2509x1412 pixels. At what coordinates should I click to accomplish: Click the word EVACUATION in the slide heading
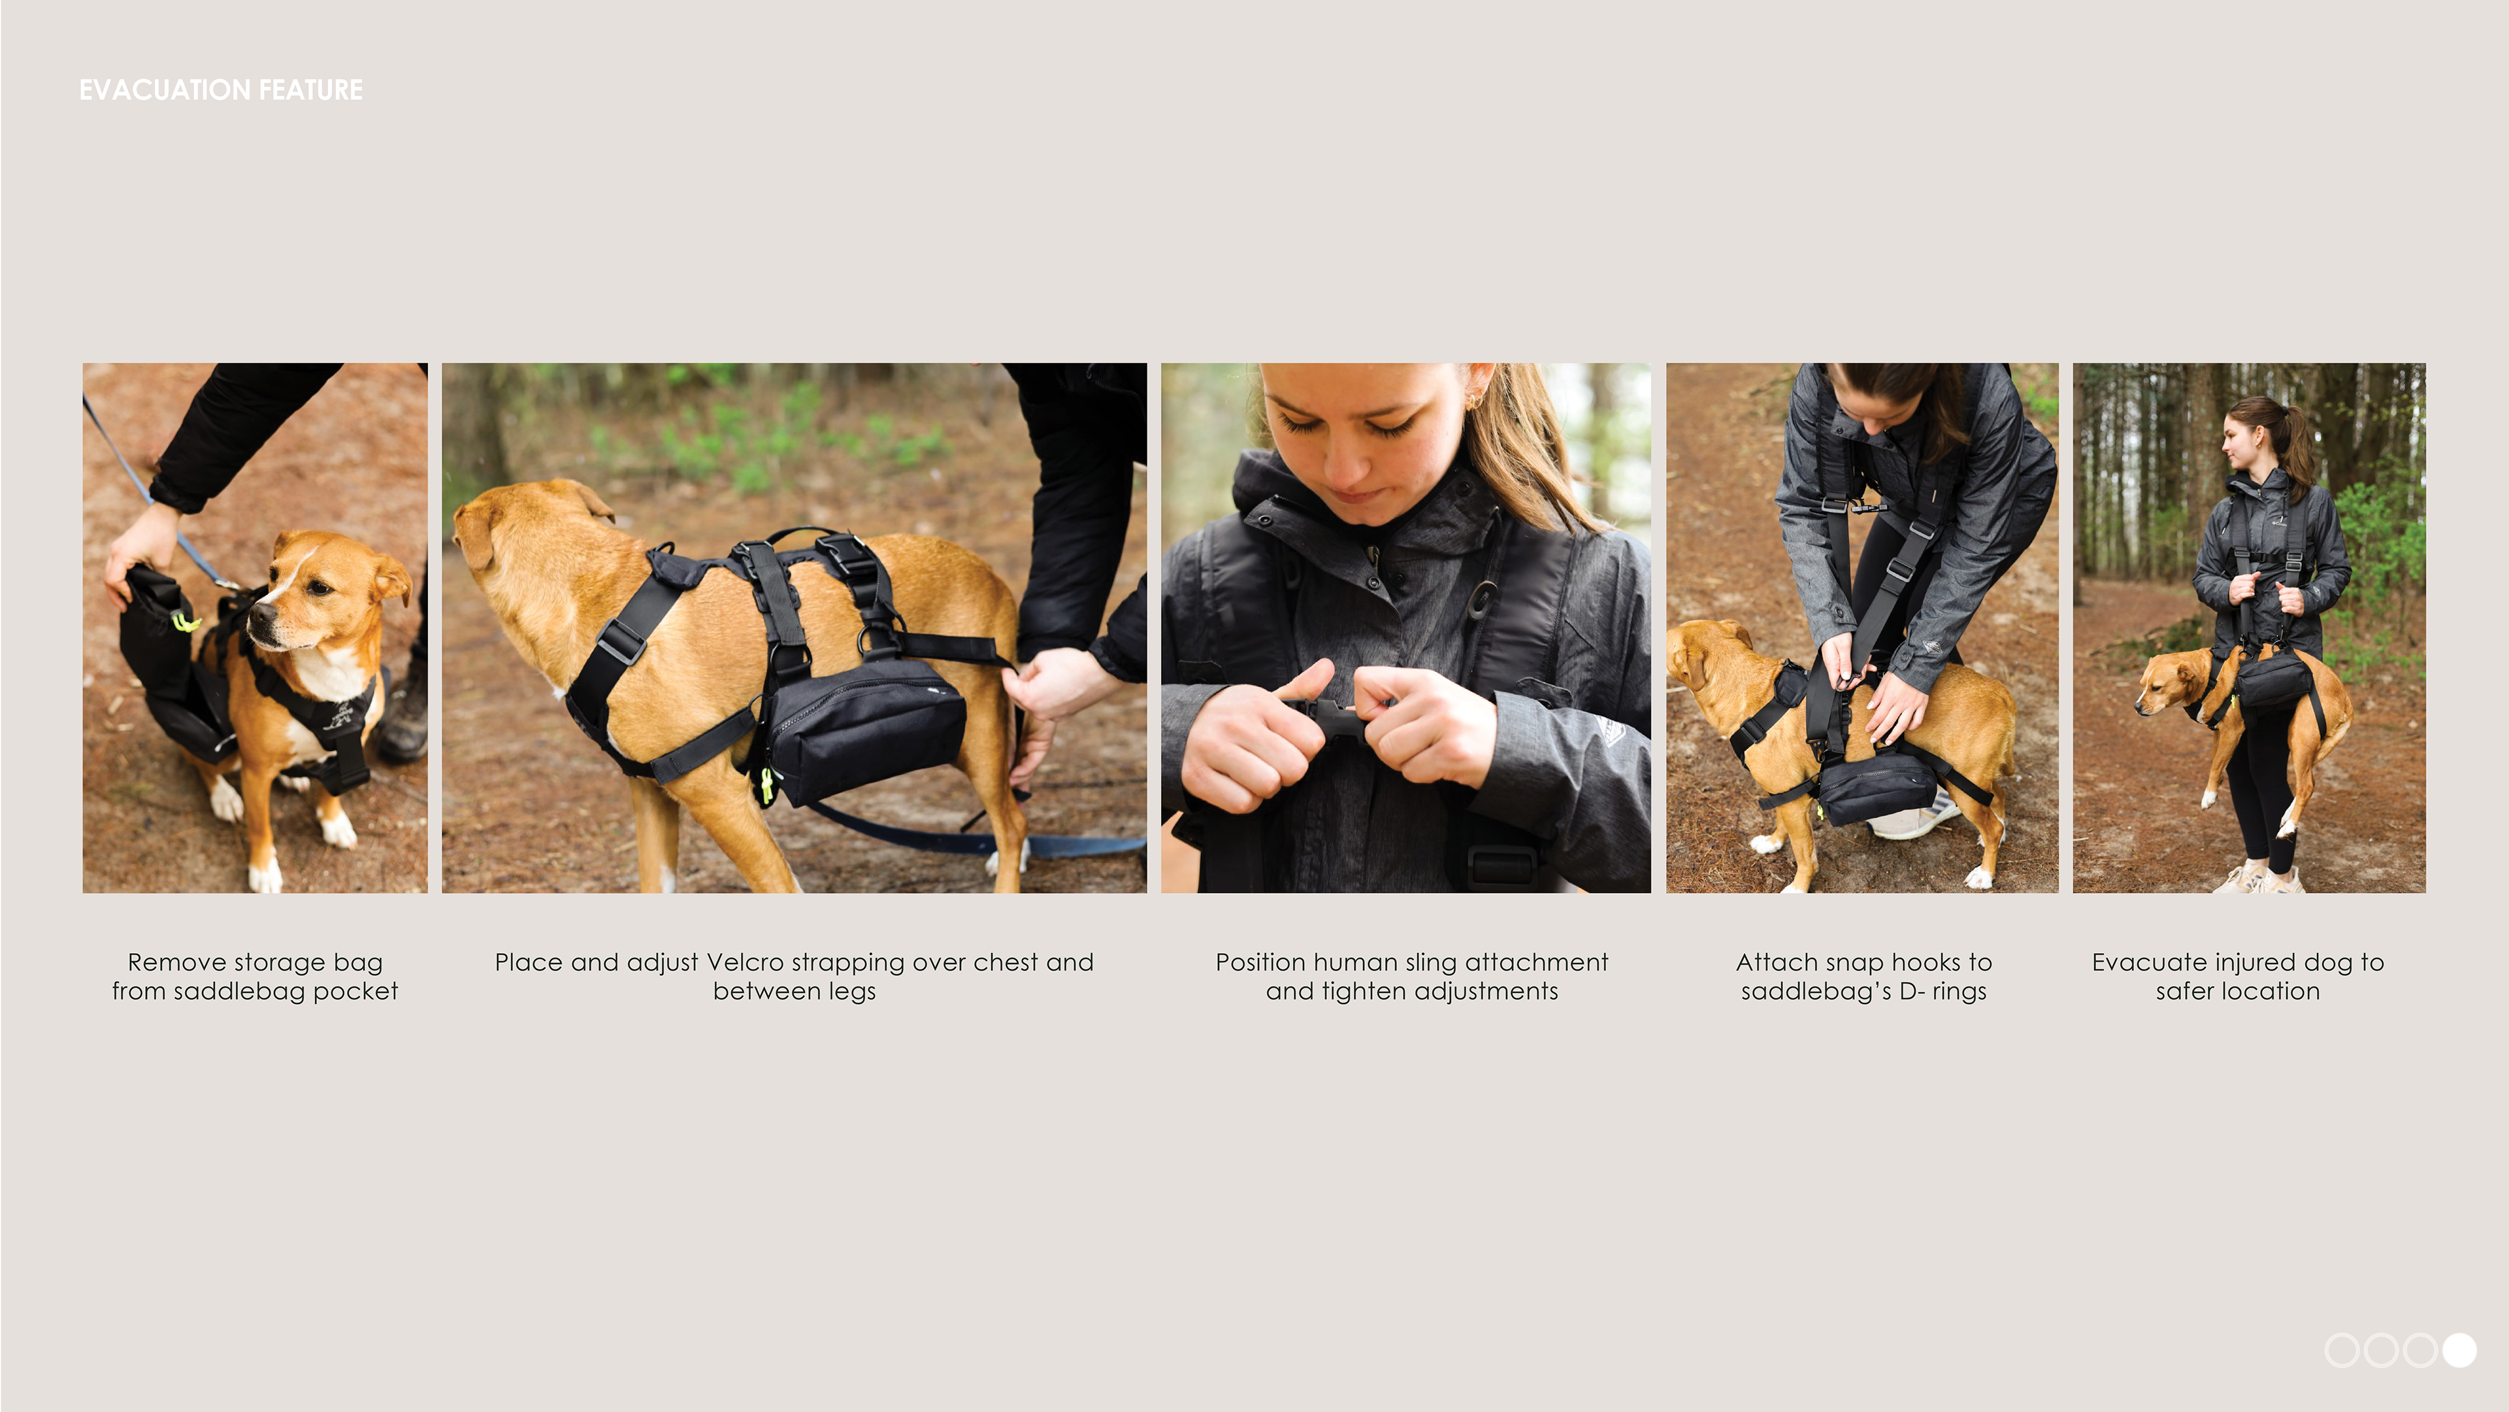(x=165, y=90)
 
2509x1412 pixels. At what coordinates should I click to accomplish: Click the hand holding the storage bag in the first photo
(x=141, y=550)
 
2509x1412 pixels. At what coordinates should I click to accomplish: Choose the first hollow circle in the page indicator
(x=2342, y=1351)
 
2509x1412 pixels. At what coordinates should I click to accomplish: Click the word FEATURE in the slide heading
(x=311, y=90)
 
